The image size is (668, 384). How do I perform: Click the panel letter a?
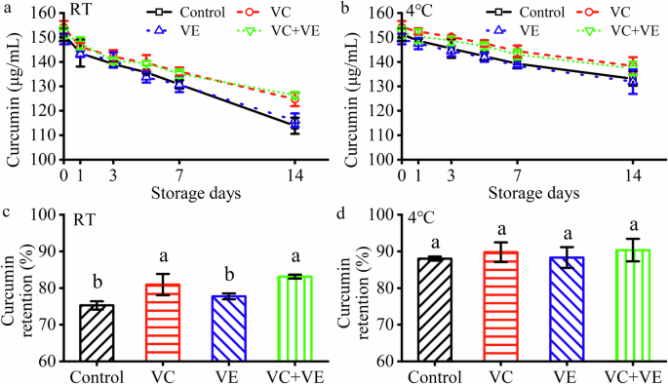coord(7,9)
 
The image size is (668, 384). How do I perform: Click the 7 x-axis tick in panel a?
coord(179,173)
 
